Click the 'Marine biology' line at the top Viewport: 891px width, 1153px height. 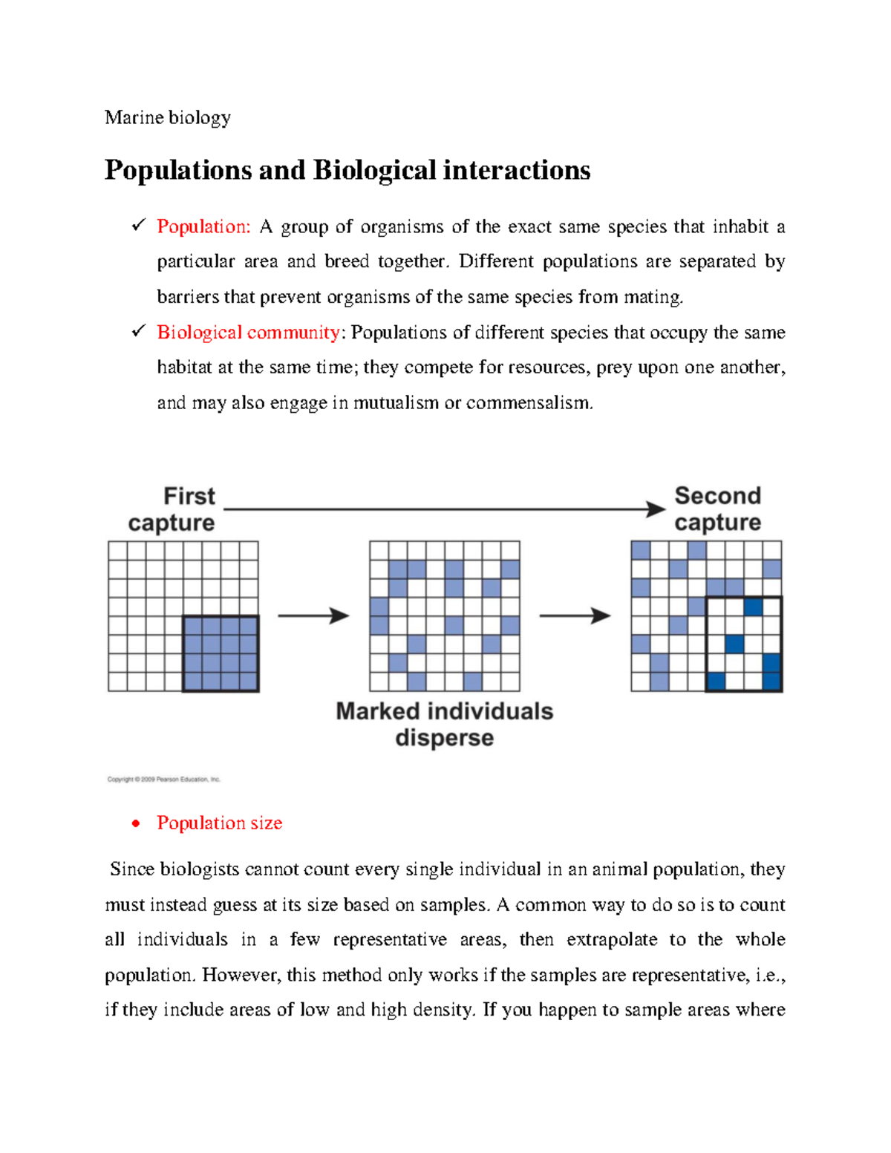[168, 118]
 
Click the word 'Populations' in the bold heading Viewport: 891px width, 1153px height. [178, 171]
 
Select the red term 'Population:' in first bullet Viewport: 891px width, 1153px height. [204, 227]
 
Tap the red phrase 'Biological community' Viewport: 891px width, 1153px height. [248, 333]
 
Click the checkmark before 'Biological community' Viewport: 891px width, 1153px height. [137, 332]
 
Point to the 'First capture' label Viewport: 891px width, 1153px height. [172, 509]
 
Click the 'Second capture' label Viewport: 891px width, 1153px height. [717, 509]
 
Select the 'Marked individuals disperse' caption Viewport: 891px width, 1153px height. [444, 725]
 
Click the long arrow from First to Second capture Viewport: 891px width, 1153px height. [443, 509]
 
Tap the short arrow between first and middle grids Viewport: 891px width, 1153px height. [313, 615]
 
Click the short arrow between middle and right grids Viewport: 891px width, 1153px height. [574, 615]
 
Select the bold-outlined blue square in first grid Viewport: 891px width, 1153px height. [221, 653]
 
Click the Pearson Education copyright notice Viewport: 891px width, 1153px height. [164, 780]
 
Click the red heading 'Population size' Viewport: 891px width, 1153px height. [220, 823]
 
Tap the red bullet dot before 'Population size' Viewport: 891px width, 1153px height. [135, 823]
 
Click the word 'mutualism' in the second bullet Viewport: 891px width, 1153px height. [396, 403]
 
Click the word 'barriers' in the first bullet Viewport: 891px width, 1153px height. [188, 298]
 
